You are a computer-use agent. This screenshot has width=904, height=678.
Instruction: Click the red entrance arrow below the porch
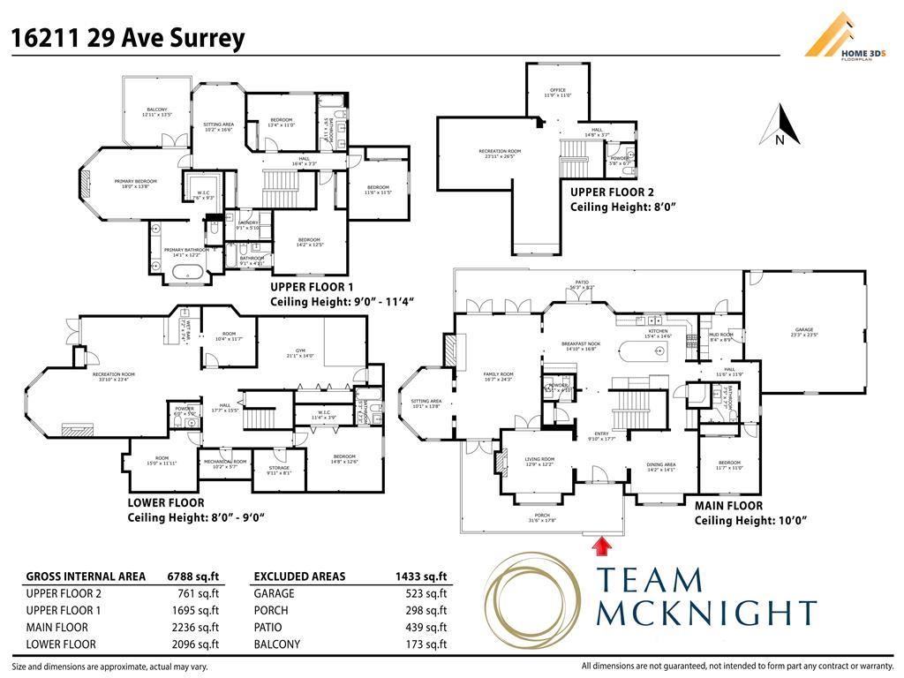604,546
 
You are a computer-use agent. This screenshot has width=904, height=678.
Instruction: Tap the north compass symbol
780,125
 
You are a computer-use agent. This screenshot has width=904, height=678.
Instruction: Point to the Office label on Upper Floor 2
557,91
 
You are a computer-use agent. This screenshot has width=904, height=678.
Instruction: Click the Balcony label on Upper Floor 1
156,110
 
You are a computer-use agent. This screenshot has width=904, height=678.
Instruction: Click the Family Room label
498,374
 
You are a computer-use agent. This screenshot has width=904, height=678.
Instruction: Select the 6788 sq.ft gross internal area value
193,576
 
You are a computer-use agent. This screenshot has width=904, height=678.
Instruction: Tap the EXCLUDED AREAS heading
299,576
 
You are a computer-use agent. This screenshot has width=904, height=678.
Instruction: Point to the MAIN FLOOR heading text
728,507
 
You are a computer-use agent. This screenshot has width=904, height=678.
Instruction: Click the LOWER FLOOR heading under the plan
165,503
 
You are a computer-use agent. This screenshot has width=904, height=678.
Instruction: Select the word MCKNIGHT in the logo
706,612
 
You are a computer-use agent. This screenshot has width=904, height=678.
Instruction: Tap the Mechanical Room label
226,462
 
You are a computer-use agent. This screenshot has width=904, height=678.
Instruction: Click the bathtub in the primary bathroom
186,271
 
